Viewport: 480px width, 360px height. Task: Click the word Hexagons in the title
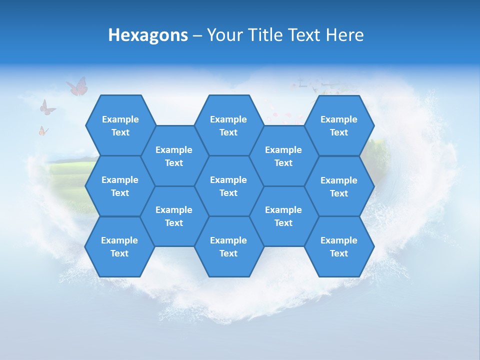pos(148,35)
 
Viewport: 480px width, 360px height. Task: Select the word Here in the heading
pos(344,35)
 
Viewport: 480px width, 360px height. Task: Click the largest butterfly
pos(77,86)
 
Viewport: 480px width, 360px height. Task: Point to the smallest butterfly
pos(43,131)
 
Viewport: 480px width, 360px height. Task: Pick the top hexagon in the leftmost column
pos(120,125)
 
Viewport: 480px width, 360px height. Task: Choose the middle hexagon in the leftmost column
pos(120,186)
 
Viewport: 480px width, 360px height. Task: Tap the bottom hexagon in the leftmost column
pos(119,246)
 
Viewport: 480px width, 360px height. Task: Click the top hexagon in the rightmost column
pos(339,125)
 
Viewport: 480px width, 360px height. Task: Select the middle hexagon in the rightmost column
pos(339,186)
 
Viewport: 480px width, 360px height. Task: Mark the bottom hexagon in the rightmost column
pos(339,246)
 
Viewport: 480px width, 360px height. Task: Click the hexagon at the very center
pos(228,186)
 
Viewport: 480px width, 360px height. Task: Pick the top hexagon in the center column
pos(228,125)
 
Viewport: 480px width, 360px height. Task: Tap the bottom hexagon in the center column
pos(228,246)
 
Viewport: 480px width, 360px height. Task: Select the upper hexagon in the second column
pos(174,156)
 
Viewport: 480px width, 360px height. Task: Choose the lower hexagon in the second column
pos(174,216)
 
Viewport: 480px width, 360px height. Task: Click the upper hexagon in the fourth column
pos(283,156)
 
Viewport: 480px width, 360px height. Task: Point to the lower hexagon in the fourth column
pos(283,216)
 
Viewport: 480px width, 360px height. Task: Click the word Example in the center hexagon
pos(228,180)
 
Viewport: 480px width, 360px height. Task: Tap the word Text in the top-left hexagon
pos(120,132)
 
